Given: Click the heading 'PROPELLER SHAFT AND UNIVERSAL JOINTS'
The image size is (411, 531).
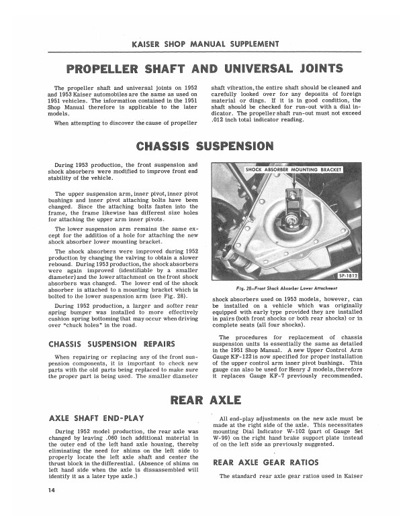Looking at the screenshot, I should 205,69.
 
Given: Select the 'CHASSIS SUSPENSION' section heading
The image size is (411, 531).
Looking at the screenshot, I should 205,145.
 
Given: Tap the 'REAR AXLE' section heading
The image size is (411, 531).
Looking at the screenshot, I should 205,401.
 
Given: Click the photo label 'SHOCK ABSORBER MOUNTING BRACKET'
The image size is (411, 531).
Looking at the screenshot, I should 285,170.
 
